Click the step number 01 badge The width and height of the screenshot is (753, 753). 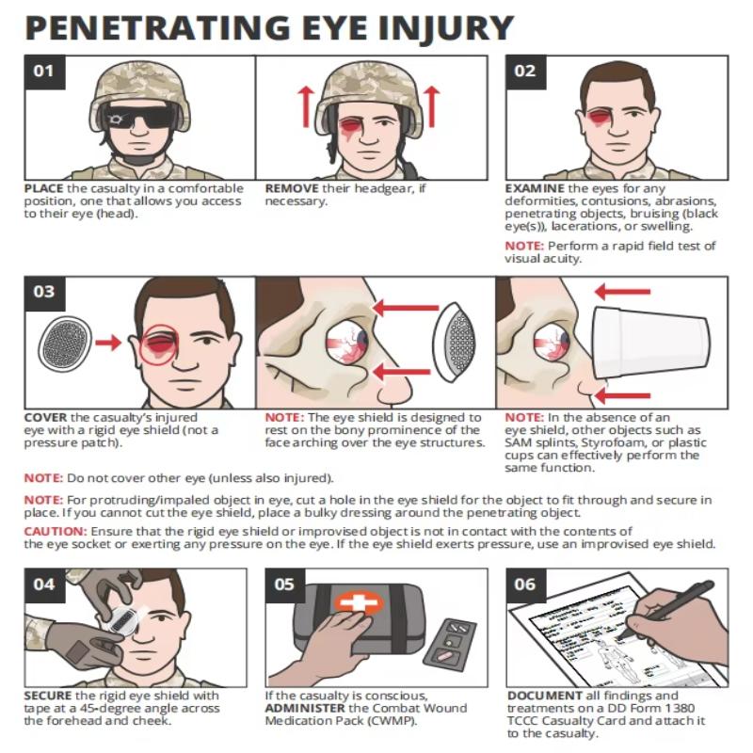click(x=44, y=72)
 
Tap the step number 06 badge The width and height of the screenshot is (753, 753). click(x=526, y=585)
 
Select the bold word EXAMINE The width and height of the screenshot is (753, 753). click(x=535, y=188)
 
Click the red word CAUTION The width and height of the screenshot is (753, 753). click(x=56, y=532)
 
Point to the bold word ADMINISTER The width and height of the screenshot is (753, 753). click(x=305, y=708)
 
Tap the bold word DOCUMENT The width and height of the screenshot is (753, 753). click(x=545, y=696)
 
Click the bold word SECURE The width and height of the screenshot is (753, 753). click(x=48, y=696)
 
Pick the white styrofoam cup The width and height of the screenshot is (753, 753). click(x=650, y=344)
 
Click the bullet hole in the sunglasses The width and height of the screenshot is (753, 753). click(x=115, y=119)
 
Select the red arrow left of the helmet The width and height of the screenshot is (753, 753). click(x=305, y=106)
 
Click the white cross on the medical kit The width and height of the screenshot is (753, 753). click(x=359, y=601)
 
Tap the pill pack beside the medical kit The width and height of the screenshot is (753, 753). click(x=449, y=643)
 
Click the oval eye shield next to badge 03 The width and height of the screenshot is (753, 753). click(x=64, y=344)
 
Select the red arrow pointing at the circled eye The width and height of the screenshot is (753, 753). click(x=108, y=343)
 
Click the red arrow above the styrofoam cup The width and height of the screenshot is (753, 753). click(x=623, y=291)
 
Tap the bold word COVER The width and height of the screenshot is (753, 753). click(x=45, y=417)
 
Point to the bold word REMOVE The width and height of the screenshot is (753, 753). click(x=292, y=188)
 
